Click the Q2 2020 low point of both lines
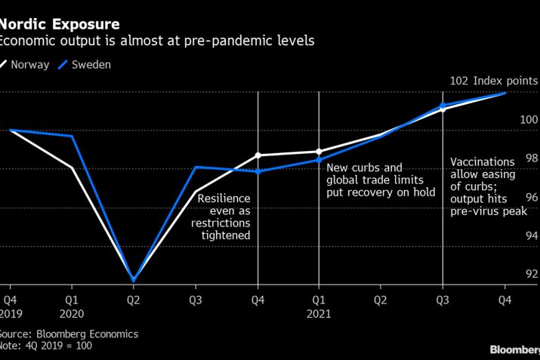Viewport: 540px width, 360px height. tap(134, 280)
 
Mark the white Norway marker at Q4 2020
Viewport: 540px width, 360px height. tap(258, 155)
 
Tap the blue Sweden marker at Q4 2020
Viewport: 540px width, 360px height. tap(258, 171)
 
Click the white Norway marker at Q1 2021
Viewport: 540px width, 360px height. tap(319, 152)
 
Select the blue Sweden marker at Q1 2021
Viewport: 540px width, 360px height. tap(319, 160)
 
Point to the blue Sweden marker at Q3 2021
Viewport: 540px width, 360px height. tap(443, 105)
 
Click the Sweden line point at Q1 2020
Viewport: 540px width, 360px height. tap(72, 136)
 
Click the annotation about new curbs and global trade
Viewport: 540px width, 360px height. tap(380, 180)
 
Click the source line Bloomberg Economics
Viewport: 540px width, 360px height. tap(69, 333)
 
